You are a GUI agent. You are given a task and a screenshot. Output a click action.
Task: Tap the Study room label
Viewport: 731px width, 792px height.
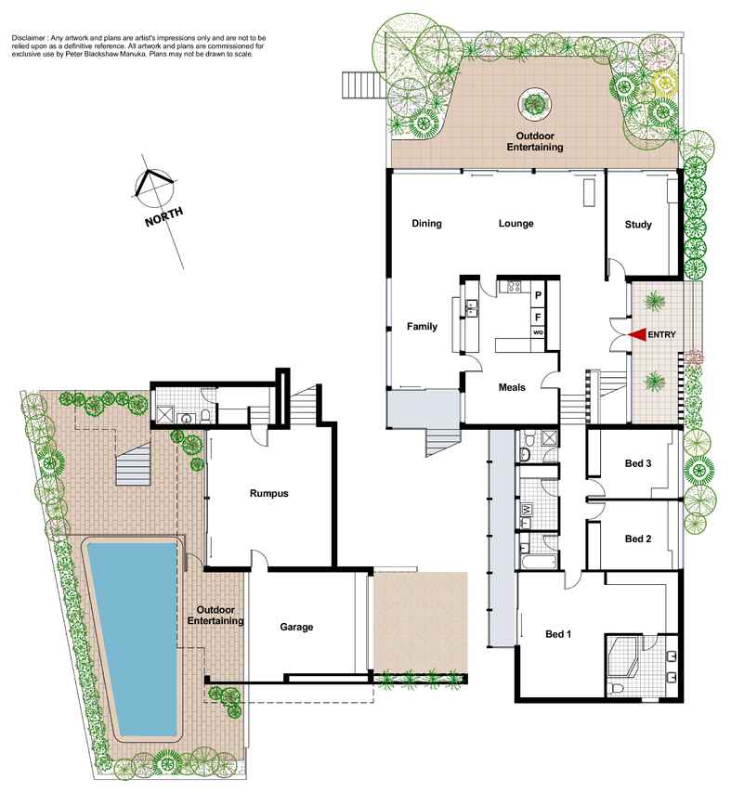638,225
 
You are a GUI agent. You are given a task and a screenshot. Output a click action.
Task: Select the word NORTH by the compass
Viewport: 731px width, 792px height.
164,216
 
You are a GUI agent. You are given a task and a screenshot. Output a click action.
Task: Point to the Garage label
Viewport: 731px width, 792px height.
296,627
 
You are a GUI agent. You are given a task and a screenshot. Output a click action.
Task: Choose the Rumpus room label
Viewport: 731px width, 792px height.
268,493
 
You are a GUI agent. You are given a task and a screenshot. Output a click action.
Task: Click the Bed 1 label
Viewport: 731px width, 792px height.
558,634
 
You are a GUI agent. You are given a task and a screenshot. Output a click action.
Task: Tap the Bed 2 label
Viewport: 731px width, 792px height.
638,539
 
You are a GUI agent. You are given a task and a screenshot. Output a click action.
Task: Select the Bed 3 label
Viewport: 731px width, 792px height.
638,463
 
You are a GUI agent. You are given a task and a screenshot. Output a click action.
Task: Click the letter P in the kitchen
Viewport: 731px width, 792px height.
538,295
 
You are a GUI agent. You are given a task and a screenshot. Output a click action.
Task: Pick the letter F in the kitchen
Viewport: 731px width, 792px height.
538,318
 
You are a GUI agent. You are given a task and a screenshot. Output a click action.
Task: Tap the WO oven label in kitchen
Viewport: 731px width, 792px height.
538,332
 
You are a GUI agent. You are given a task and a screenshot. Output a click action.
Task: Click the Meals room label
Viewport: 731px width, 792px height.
512,387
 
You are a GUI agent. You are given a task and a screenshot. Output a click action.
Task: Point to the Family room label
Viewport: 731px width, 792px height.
422,326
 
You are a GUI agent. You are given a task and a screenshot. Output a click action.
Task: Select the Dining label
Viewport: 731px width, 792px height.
426,223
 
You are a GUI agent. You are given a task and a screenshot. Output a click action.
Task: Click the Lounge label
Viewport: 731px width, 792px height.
516,223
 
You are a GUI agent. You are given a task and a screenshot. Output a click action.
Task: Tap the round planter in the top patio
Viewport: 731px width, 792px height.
534,104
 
